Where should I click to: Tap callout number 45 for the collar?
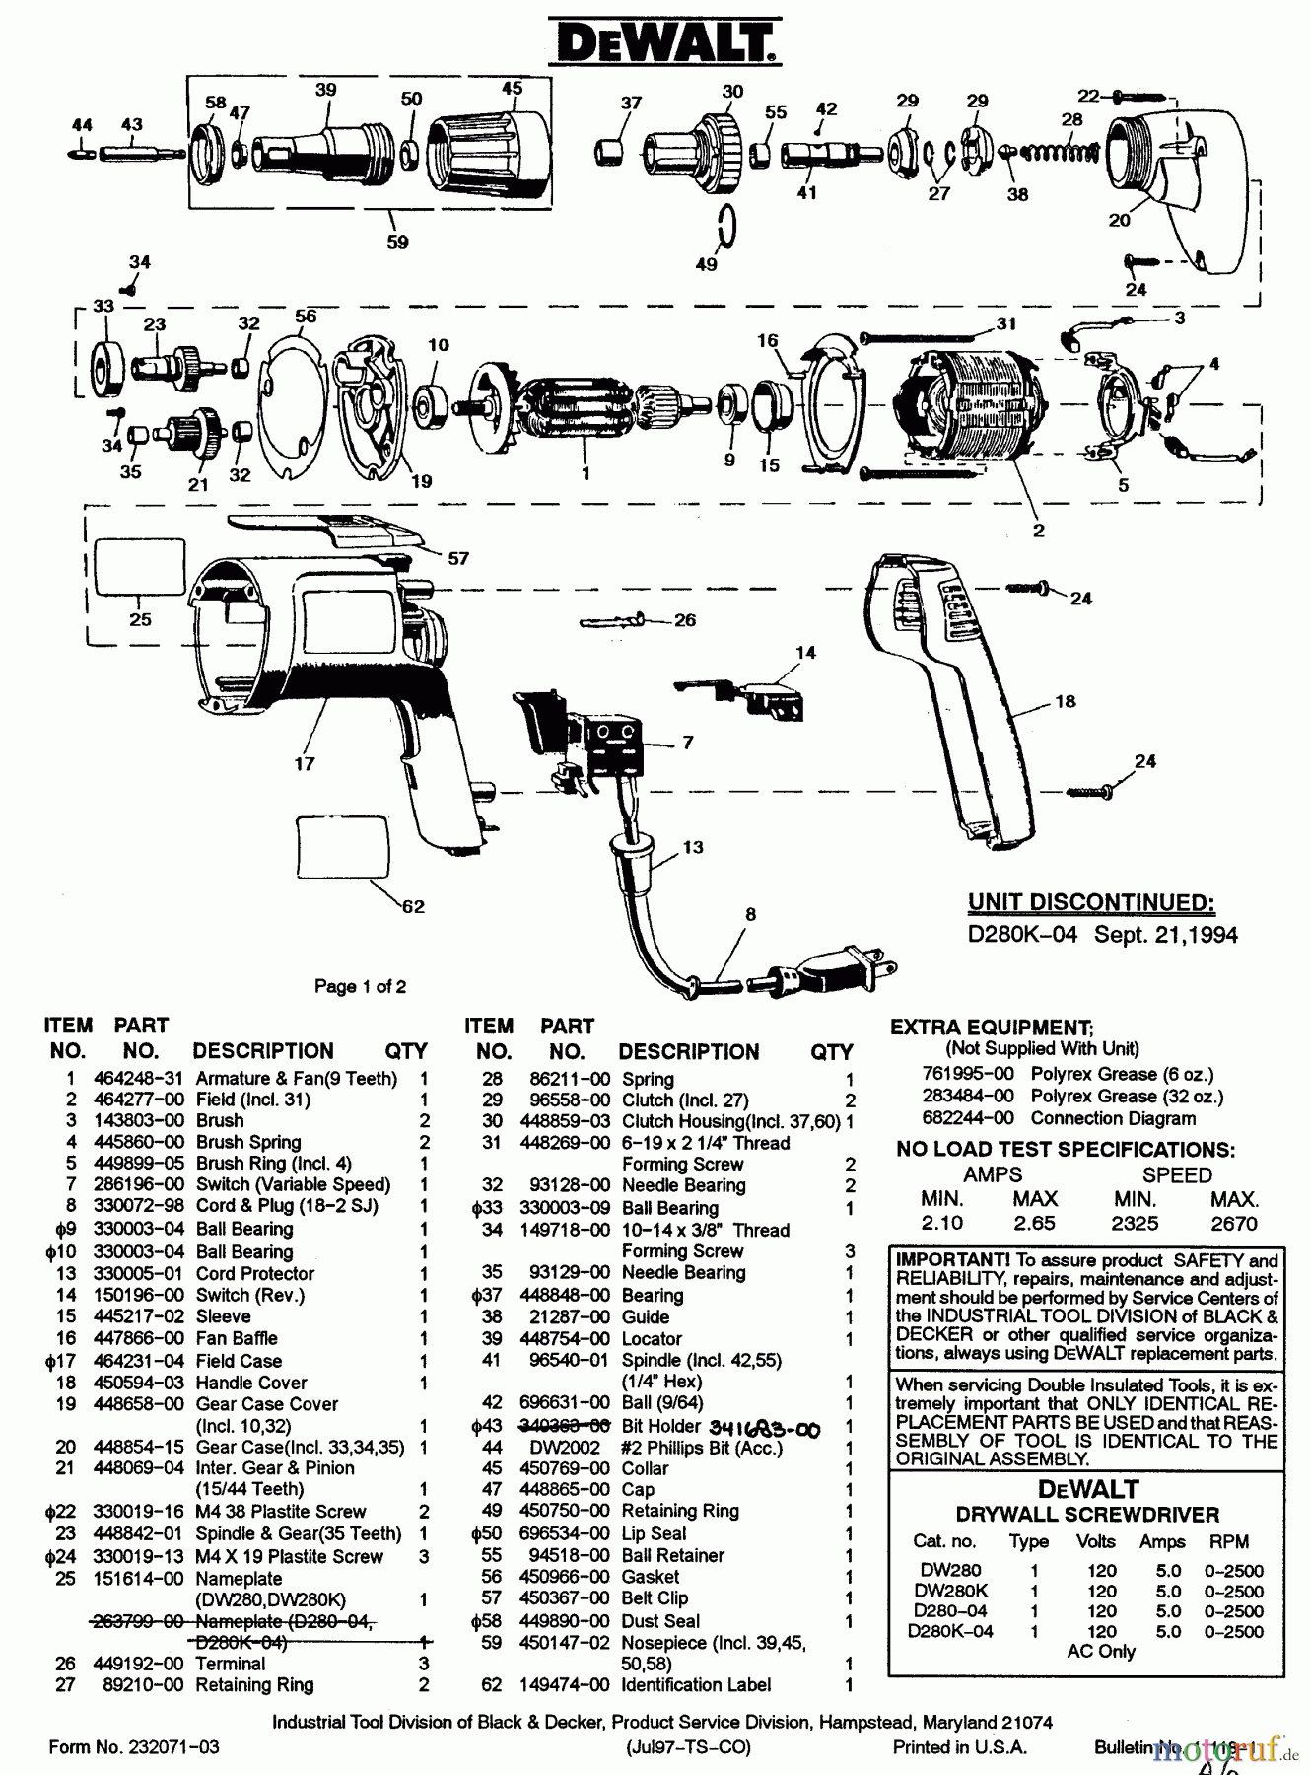pos(512,89)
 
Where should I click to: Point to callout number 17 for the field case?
pos(304,763)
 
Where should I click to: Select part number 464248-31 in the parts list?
pos(138,1079)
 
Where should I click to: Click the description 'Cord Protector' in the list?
pos(254,1273)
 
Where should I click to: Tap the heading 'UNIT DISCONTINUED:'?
pos(1090,903)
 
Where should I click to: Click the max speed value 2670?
pos(1233,1224)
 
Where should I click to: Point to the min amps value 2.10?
pos(942,1223)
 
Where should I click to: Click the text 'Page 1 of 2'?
pos(360,986)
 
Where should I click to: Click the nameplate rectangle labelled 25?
pos(139,566)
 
